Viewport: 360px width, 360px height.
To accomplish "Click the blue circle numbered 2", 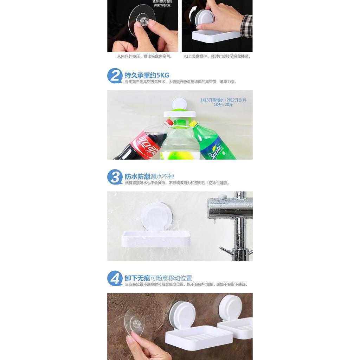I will pos(115,76).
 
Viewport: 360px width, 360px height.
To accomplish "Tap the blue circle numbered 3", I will pos(115,177).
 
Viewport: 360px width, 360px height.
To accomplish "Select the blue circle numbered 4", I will pos(115,278).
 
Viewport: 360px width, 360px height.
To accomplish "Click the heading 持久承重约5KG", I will pos(147,75).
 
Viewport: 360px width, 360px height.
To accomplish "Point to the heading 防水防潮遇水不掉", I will pos(149,176).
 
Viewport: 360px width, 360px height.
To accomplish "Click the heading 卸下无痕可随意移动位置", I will pos(159,278).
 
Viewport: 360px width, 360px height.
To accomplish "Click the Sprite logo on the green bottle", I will pos(215,150).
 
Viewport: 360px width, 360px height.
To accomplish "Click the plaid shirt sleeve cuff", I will pos(247,26).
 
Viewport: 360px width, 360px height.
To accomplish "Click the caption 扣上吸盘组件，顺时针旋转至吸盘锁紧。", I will pos(217,56).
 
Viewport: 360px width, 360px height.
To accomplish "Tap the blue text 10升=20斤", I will pos(223,105).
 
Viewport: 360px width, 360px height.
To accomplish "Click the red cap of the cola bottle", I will pos(169,122).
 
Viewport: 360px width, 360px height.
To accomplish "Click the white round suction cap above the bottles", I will pos(179,104).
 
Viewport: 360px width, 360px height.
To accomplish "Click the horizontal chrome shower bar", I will pos(229,208).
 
